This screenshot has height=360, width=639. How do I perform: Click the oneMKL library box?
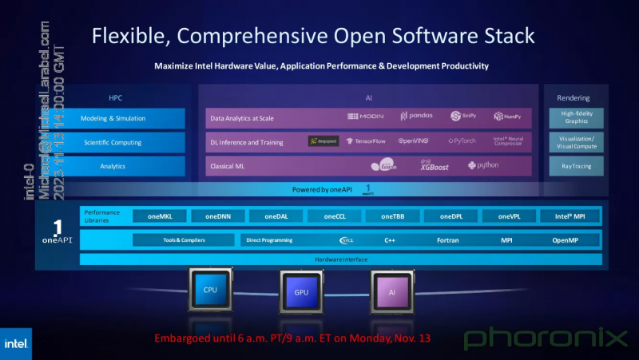tap(161, 216)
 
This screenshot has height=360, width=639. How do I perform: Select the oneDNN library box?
tap(218, 216)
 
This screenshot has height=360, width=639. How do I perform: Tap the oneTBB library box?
tap(392, 216)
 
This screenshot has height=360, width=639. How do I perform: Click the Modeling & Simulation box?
tap(113, 118)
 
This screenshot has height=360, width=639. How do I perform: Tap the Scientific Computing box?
tap(113, 142)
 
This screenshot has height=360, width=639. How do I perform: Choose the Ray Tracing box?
tap(571, 166)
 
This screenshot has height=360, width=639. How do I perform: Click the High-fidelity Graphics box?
tap(571, 118)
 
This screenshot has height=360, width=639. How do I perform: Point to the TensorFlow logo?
tap(365, 141)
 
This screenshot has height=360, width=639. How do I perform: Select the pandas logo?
tap(417, 117)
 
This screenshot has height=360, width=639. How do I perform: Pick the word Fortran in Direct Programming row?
tap(447, 239)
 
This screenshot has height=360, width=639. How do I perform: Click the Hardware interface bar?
tap(340, 259)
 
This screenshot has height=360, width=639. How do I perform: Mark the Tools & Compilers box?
tap(183, 239)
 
